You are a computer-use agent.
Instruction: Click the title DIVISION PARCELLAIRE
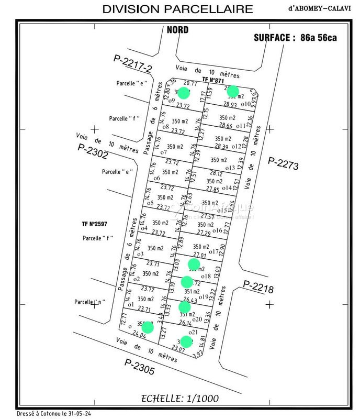point(177,9)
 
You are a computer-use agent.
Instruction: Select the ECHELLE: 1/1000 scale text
point(180,399)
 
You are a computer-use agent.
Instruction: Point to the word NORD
point(177,30)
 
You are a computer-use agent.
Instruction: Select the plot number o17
point(213,252)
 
